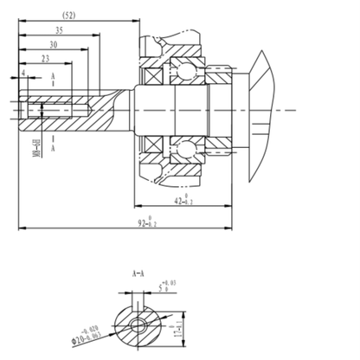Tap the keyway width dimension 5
pyautogui.click(x=161, y=282)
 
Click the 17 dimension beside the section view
pyautogui.click(x=178, y=325)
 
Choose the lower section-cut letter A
pyautogui.click(x=54, y=147)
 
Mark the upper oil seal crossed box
pyautogui.click(x=151, y=76)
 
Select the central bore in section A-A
pyautogui.click(x=138, y=324)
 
